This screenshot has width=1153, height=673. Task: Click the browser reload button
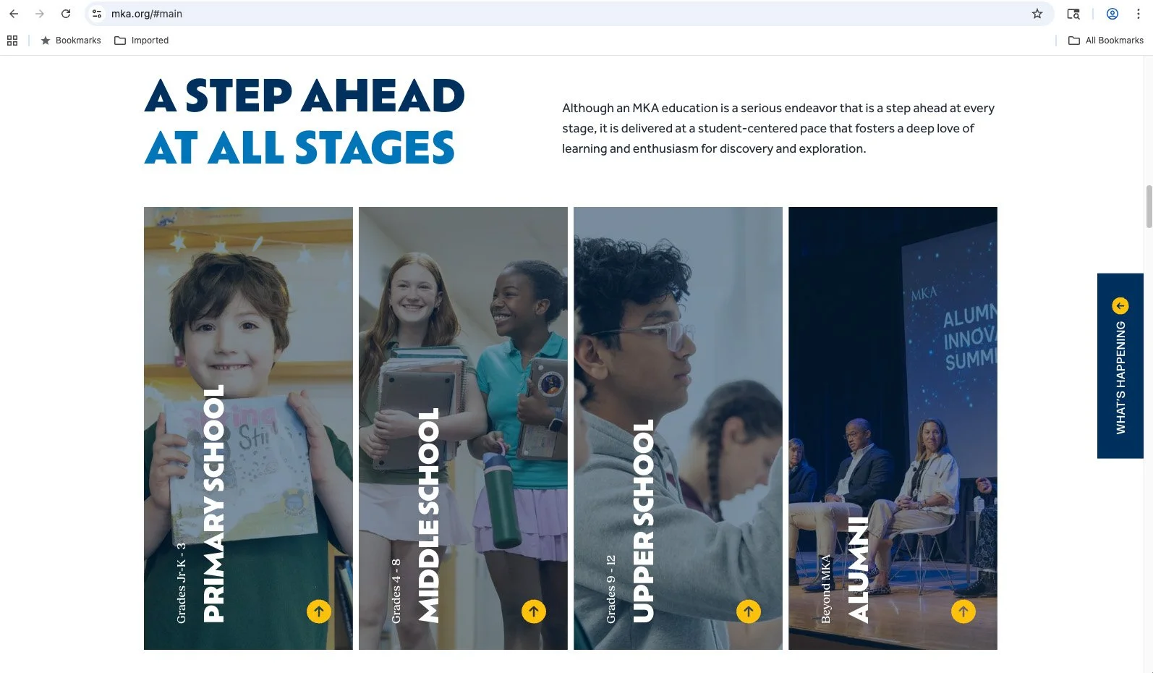[66, 14]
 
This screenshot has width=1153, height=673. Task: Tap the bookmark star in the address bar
[1037, 14]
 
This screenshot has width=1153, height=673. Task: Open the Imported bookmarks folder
[142, 41]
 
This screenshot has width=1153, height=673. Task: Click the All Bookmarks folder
[1106, 41]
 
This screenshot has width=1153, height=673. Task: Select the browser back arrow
[14, 14]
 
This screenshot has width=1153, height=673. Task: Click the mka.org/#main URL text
[147, 14]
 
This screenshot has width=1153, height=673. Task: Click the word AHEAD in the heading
[383, 96]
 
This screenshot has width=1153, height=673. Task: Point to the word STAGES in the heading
[375, 148]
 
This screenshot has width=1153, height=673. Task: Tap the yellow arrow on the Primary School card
[319, 611]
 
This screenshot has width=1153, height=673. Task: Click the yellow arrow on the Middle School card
[534, 611]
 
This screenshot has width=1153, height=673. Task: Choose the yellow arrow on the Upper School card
[749, 611]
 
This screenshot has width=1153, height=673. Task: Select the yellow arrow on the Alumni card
[963, 611]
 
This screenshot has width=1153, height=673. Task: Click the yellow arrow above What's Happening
[1120, 305]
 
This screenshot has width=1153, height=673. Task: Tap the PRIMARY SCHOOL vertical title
[213, 504]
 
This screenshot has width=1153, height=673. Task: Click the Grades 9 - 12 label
[611, 589]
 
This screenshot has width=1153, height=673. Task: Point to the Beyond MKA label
[826, 588]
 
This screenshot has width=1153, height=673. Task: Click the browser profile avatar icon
[1112, 14]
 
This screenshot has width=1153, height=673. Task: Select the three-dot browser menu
[1139, 14]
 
